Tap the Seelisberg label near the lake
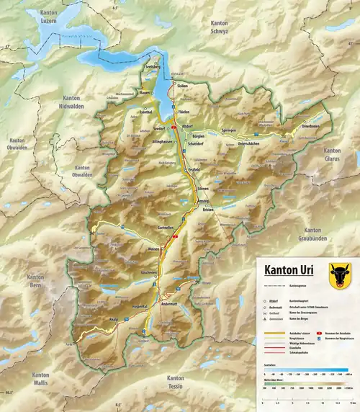coord(153,66)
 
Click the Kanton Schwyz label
coord(220,28)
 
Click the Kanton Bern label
coord(35,282)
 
